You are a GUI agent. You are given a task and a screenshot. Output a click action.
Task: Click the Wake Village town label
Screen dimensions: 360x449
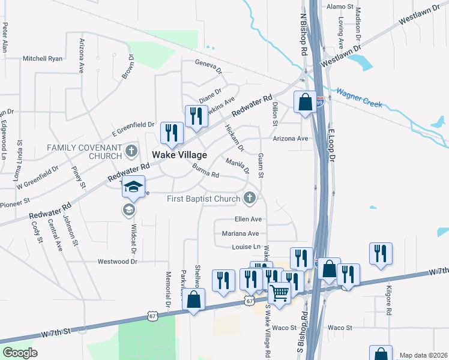179,155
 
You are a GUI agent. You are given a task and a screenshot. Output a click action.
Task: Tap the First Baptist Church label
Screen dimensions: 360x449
203,199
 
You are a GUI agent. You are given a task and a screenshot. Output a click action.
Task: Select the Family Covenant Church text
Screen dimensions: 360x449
92,151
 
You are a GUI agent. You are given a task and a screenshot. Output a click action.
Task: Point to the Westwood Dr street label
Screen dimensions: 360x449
118,262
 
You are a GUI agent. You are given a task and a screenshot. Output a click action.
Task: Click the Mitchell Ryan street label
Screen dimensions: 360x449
43,59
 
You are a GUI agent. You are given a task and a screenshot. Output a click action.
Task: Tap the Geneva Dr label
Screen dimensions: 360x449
208,63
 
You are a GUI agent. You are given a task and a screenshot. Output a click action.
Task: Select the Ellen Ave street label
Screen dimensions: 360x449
248,220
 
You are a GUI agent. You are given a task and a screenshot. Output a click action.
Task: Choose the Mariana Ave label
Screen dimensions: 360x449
240,233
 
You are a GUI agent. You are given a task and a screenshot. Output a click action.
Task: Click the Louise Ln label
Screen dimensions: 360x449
246,247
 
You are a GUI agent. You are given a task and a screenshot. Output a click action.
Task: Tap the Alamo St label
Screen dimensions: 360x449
340,7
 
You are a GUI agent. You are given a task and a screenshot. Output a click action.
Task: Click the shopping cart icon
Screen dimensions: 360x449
279,293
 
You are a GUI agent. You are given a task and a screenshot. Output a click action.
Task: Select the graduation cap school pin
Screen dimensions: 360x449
134,187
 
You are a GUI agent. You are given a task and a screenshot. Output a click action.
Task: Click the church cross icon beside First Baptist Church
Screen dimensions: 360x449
250,198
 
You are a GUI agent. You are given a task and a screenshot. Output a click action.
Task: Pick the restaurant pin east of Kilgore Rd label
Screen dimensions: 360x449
381,253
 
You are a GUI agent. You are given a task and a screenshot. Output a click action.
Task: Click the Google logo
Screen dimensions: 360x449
20,353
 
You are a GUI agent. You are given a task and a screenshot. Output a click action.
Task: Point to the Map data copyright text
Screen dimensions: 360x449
423,355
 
